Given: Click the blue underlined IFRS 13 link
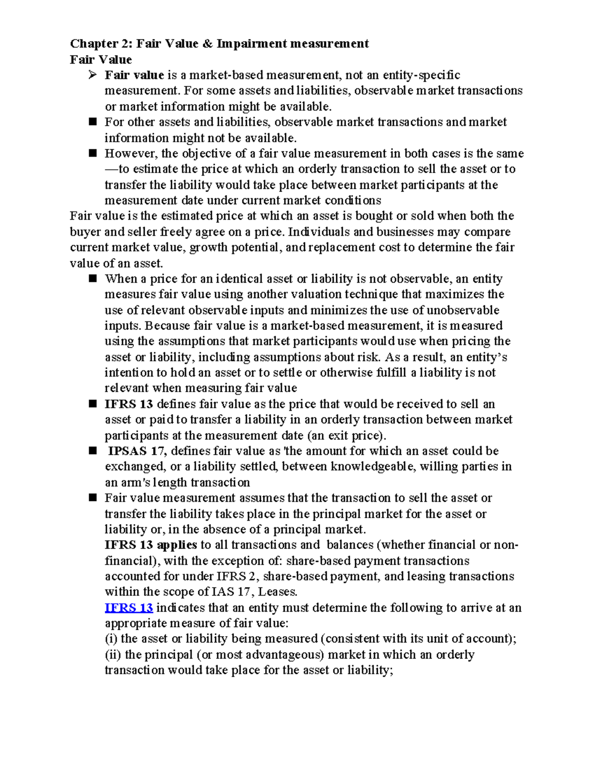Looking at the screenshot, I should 128,607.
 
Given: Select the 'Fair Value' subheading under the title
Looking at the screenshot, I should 101,59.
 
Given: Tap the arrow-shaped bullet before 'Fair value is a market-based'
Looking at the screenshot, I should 92,75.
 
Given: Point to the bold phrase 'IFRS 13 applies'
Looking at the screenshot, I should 151,545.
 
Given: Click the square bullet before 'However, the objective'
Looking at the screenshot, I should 93,153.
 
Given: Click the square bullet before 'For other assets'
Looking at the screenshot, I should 93,122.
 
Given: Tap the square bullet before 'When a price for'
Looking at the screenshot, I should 93,279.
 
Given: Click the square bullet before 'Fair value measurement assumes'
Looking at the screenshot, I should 93,498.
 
